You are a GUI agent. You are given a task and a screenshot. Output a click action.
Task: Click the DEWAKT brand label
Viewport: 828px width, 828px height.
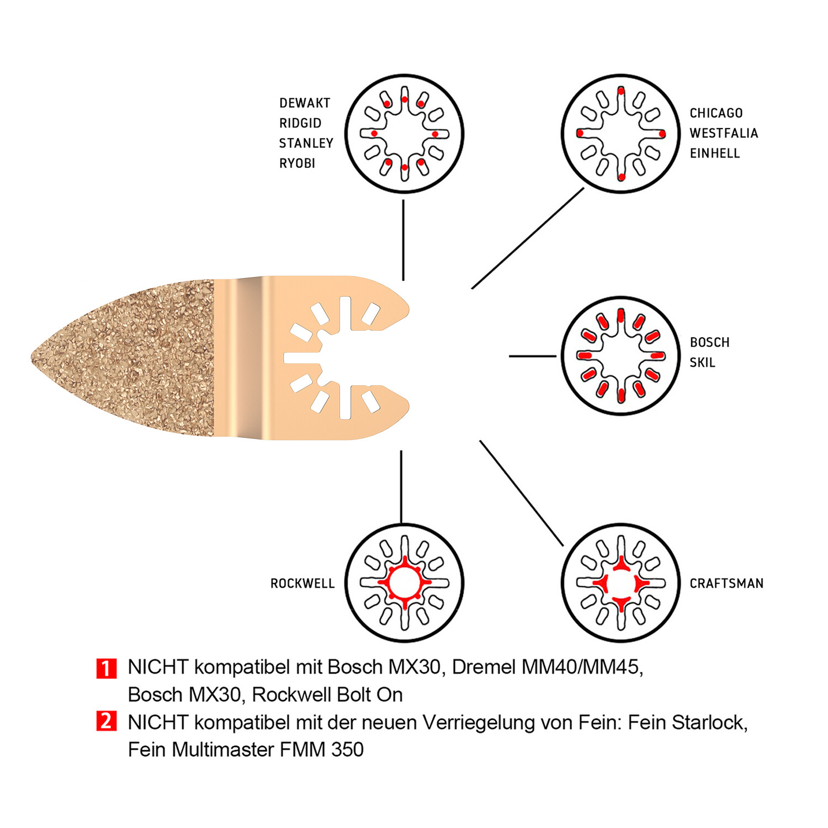tap(304, 103)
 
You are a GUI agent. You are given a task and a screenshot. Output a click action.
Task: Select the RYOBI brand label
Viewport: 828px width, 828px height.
tap(297, 163)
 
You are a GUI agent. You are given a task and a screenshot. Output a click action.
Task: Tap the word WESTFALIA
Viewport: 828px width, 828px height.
tap(724, 133)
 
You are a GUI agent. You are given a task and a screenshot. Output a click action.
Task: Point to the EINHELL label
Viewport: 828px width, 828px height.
tap(714, 153)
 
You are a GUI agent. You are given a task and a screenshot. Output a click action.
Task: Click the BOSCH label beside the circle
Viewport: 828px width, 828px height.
tap(709, 342)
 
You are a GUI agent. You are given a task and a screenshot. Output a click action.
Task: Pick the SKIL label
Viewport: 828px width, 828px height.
tap(702, 363)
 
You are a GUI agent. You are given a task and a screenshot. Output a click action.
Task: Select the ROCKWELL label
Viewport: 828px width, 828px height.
tap(302, 583)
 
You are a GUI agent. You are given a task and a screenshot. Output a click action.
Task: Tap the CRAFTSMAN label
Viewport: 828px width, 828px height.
tap(726, 583)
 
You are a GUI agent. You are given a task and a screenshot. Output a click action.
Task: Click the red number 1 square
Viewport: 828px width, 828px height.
tap(106, 668)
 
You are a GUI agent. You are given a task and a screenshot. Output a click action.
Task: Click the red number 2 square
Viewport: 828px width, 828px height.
tap(106, 721)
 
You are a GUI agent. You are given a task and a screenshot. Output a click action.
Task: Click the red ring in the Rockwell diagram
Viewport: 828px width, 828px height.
tap(390, 583)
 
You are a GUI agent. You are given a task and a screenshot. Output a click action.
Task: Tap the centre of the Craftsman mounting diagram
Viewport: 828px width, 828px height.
tap(620, 583)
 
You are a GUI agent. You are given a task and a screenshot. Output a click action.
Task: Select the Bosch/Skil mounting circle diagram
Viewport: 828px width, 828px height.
tap(620, 355)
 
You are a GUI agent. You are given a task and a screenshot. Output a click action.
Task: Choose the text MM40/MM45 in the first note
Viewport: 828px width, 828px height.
tap(582, 667)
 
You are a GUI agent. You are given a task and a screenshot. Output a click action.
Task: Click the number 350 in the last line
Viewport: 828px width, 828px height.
tap(347, 750)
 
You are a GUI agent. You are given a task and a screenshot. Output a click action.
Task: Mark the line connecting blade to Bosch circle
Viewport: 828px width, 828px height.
tap(532, 356)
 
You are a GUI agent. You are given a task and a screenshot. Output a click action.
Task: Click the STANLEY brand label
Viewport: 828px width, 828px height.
tap(306, 144)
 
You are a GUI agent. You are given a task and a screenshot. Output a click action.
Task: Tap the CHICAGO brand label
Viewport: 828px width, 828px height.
tap(716, 113)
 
